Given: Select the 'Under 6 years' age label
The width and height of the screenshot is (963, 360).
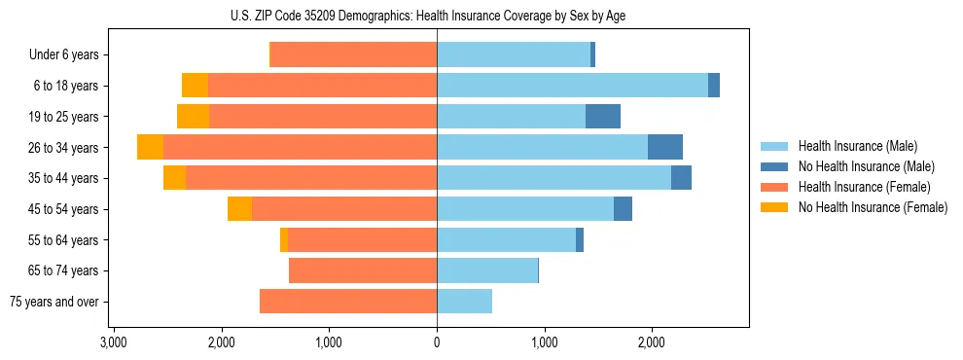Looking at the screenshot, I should tap(63, 55).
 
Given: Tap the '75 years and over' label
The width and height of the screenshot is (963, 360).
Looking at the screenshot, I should tap(53, 302).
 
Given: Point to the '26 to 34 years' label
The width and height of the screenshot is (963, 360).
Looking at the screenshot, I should tap(61, 148).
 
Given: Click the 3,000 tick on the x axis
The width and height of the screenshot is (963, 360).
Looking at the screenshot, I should tap(114, 342).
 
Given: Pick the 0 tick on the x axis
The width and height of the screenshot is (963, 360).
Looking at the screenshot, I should tap(437, 342).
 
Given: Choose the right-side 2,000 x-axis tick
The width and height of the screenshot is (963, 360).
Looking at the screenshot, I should tap(652, 342).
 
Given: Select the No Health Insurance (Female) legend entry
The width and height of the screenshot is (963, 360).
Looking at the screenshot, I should tap(873, 207).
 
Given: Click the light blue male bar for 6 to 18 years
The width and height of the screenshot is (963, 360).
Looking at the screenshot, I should tap(572, 86).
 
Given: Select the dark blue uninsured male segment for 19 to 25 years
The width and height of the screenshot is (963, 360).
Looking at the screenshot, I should tap(603, 117).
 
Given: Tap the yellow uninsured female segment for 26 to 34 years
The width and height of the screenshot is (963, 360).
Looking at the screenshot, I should tap(150, 147).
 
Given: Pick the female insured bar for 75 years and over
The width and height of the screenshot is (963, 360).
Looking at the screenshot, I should tap(348, 302).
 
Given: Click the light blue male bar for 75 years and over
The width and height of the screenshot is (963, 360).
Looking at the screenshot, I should tap(465, 302).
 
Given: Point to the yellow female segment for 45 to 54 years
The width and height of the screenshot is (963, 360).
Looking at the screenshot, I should tap(239, 209).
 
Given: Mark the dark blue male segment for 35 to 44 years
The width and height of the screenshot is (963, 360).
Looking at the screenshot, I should tap(681, 178).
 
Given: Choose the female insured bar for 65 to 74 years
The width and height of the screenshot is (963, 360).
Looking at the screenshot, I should tap(363, 270).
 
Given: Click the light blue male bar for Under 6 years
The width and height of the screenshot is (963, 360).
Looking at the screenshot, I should tap(514, 55).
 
